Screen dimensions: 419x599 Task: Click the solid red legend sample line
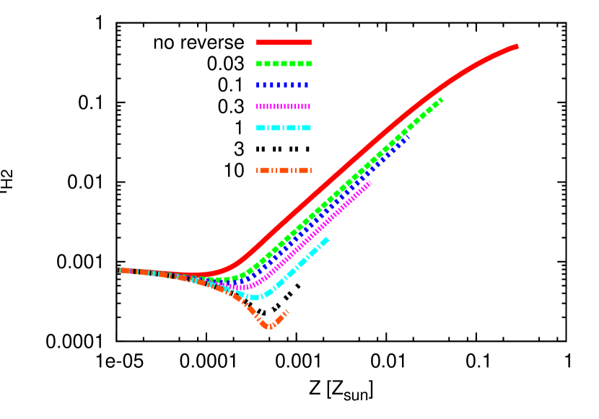(284, 43)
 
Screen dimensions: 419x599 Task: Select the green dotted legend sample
(284, 63)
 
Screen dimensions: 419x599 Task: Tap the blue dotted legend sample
(284, 85)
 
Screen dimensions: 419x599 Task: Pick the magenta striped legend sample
(284, 106)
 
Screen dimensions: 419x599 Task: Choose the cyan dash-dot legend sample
(284, 128)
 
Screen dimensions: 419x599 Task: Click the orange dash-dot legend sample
(284, 170)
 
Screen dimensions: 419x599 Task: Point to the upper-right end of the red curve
(517, 47)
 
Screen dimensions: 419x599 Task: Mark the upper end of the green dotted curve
(440, 100)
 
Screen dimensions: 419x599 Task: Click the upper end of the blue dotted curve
(407, 137)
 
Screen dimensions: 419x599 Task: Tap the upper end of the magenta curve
(370, 183)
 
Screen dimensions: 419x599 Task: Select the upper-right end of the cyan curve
(328, 239)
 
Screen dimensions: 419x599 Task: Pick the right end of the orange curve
(287, 311)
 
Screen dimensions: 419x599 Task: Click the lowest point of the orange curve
(269, 327)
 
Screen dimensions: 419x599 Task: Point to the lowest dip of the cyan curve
(255, 297)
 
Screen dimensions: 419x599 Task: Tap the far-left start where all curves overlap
(120, 270)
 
